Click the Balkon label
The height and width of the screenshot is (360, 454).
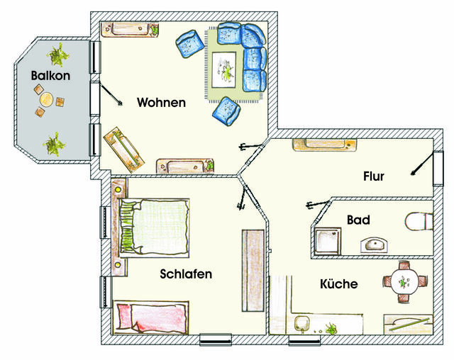50,76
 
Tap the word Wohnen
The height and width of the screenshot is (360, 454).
161,103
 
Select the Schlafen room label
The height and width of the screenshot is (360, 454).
186,274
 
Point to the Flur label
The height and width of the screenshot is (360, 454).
373,176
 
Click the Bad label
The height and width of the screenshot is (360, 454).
358,220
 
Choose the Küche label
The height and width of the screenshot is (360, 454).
338,284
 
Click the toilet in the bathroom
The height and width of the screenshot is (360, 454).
419,221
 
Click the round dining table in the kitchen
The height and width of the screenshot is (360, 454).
404,281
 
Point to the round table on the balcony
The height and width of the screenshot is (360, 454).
46,100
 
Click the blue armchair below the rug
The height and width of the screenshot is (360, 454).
226,110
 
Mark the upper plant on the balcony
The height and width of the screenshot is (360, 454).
58,52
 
